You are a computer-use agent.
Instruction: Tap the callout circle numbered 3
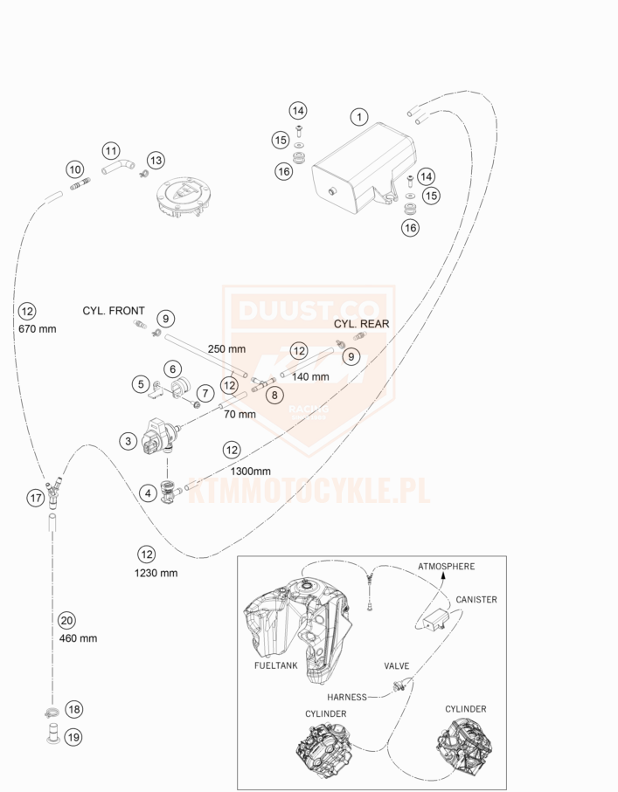(128, 442)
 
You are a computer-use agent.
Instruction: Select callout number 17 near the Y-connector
(35, 498)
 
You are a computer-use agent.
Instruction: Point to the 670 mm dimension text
(36, 329)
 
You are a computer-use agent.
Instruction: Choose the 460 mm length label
(78, 637)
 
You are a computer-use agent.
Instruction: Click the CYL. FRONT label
(114, 310)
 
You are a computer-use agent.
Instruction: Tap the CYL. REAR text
(361, 323)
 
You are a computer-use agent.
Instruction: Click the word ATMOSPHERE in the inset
(446, 567)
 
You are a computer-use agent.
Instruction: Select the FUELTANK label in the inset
(274, 665)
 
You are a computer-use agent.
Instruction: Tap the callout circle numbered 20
(66, 621)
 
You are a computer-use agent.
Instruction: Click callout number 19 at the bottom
(73, 737)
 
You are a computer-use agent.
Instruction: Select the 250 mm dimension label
(226, 348)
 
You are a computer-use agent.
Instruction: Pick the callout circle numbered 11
(110, 150)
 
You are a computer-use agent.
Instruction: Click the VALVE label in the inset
(396, 665)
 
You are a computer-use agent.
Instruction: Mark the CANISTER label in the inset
(476, 600)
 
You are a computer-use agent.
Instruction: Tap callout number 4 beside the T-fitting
(147, 492)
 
